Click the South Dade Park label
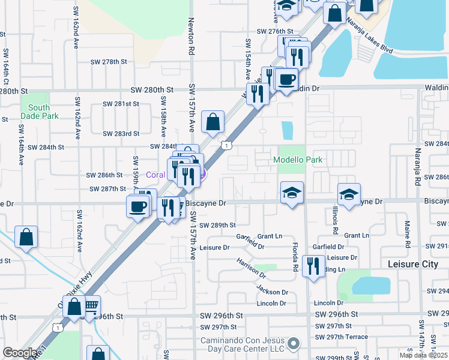[x=39, y=112]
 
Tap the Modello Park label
[x=298, y=160]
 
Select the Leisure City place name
[x=413, y=264]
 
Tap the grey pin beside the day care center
[x=293, y=344]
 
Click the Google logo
[x=20, y=353]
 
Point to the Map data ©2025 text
[x=423, y=355]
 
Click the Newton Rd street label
[x=192, y=44]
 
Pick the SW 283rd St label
[x=121, y=134]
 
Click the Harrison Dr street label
[x=251, y=268]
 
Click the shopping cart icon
[x=91, y=307]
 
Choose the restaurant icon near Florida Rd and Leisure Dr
[x=313, y=265]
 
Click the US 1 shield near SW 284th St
[x=226, y=145]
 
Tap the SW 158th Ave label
[x=163, y=117]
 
